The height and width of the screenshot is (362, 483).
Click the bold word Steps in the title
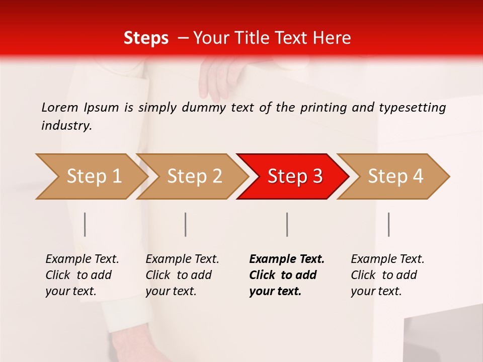coord(146,38)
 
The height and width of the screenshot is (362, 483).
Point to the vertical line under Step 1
coord(85,224)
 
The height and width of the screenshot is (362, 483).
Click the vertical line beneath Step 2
coord(186,224)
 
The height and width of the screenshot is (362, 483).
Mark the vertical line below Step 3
coord(287,224)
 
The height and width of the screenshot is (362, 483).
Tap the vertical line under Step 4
coord(388,224)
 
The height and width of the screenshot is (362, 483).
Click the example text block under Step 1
coord(82,275)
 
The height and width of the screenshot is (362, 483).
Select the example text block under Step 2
coord(182,275)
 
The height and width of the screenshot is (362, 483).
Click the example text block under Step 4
coord(387,275)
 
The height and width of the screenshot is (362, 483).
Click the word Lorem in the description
coord(60,108)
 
